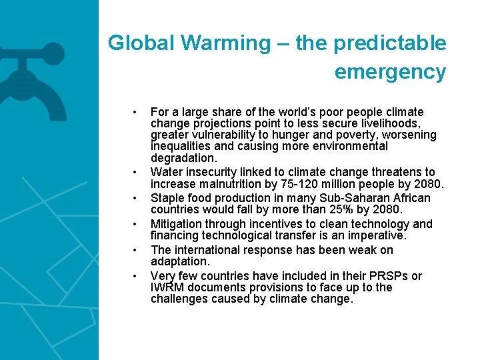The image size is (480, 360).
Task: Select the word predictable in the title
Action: (x=390, y=43)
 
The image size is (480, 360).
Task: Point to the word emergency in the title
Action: (x=390, y=71)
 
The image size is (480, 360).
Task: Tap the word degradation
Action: (x=183, y=158)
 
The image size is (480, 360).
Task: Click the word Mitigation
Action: (x=175, y=224)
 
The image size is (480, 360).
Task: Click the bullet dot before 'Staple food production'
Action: (x=135, y=199)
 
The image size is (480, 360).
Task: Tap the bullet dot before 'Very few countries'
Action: (x=135, y=276)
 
